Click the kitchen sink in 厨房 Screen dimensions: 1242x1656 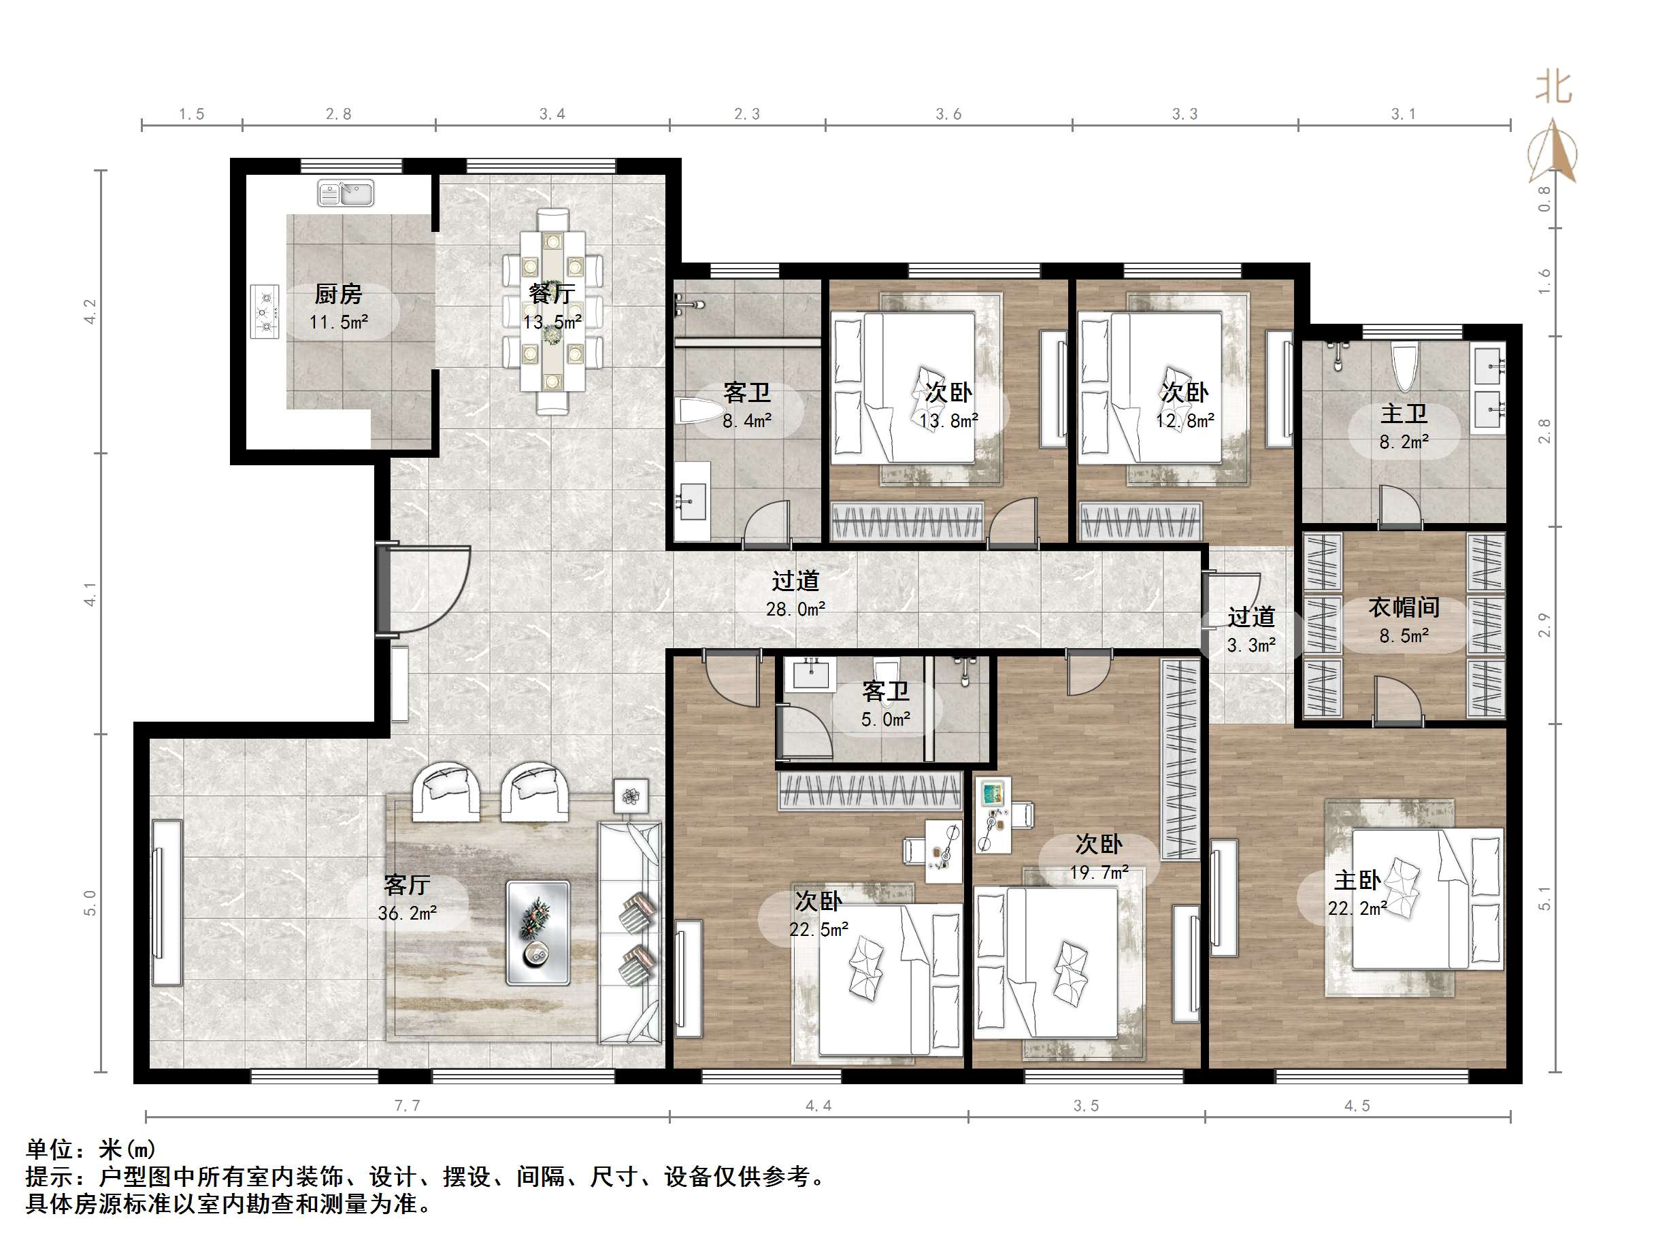[x=345, y=193]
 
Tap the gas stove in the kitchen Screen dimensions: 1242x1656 [x=264, y=312]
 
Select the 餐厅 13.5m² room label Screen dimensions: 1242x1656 [x=552, y=307]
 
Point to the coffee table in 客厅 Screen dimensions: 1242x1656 [x=537, y=932]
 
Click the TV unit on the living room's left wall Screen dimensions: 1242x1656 [x=166, y=903]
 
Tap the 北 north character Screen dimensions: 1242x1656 [x=1553, y=88]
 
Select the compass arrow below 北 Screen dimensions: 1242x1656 [x=1553, y=154]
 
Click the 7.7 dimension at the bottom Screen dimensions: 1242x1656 [x=408, y=1106]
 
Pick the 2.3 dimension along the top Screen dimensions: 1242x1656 [x=746, y=114]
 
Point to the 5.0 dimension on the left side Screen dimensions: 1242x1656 [x=90, y=902]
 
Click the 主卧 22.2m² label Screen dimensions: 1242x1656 [x=1357, y=894]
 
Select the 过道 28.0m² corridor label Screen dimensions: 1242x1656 [x=795, y=594]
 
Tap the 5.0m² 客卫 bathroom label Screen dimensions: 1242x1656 [x=886, y=705]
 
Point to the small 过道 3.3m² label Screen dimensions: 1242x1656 [x=1251, y=631]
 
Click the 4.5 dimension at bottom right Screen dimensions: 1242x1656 [x=1357, y=1106]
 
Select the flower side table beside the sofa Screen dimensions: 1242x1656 [x=631, y=795]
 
